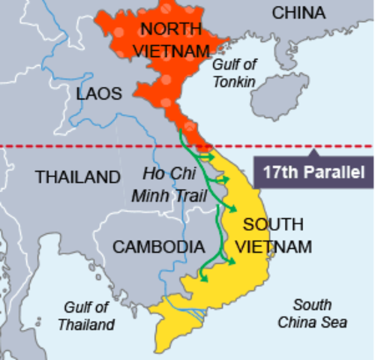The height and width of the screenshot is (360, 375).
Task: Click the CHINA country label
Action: [x=298, y=13]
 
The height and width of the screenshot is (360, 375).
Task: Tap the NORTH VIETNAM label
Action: [x=172, y=40]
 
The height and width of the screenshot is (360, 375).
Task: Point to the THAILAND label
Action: [x=77, y=178]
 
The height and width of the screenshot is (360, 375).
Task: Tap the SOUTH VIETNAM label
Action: [x=273, y=235]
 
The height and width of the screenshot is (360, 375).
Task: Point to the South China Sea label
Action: [x=312, y=313]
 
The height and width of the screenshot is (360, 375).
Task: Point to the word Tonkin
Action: [x=233, y=82]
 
